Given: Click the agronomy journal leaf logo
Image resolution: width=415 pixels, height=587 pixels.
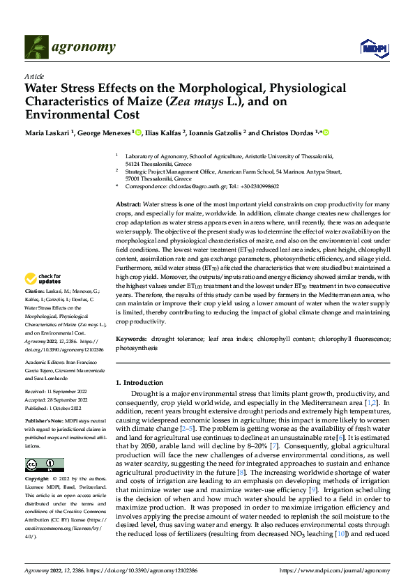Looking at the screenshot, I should (37, 47).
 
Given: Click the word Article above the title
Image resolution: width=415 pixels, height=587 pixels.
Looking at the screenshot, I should (33, 76).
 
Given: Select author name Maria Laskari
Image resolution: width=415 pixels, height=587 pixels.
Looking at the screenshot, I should (50, 133).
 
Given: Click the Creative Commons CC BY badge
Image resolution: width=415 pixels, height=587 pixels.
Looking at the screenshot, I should (44, 464).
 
